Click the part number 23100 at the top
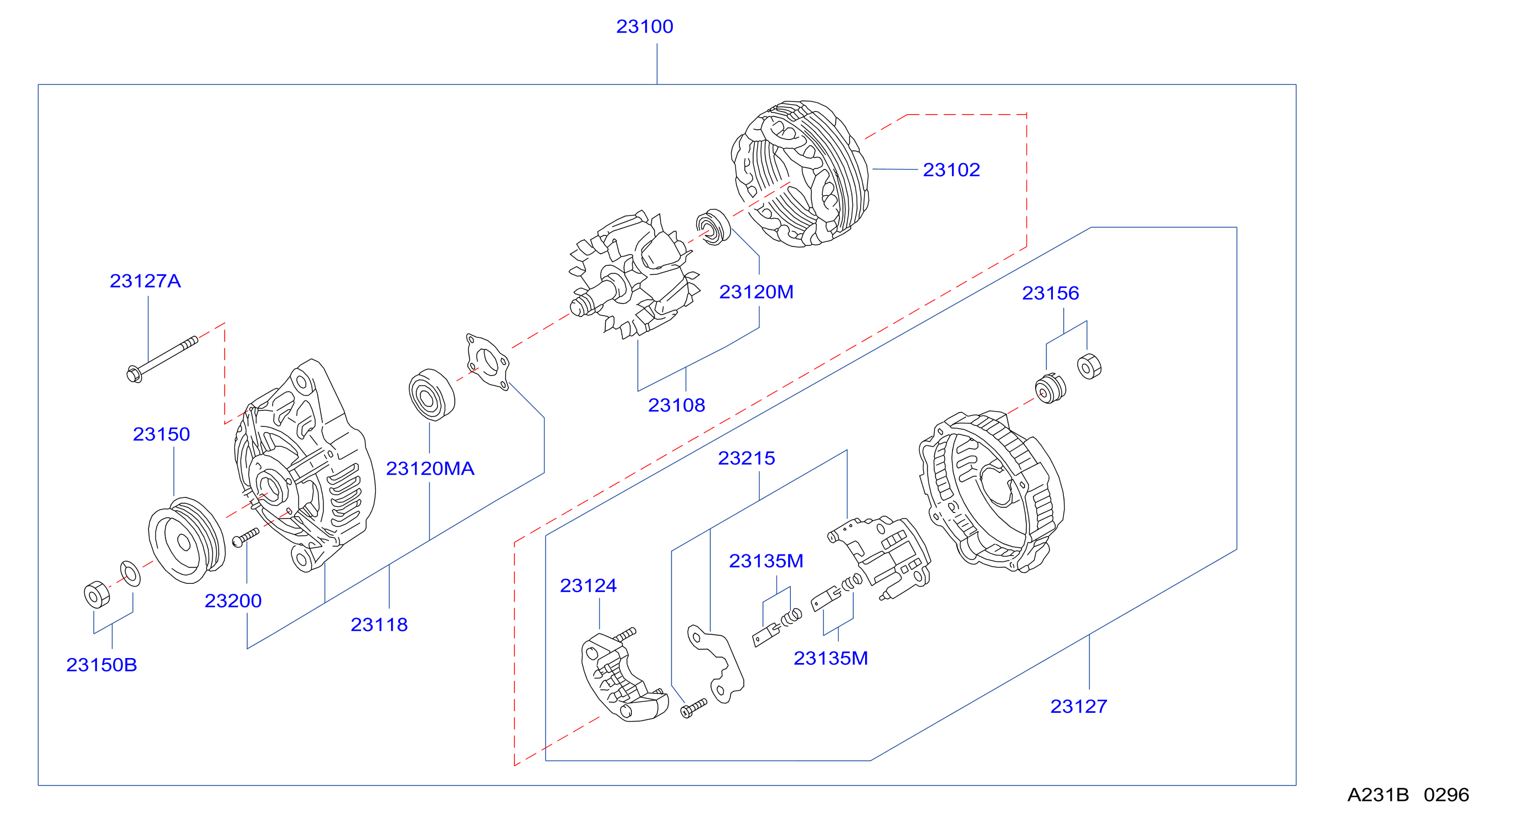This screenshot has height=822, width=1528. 644,27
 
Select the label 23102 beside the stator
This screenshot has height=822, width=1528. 951,170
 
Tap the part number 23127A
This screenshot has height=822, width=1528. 145,281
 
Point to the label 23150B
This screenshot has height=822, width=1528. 101,665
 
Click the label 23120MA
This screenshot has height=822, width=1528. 430,469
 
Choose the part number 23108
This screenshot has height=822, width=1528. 676,405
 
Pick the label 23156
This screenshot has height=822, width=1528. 1050,293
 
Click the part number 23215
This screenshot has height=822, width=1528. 746,458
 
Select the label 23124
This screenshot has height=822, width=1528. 588,585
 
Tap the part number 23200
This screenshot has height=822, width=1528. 233,601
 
